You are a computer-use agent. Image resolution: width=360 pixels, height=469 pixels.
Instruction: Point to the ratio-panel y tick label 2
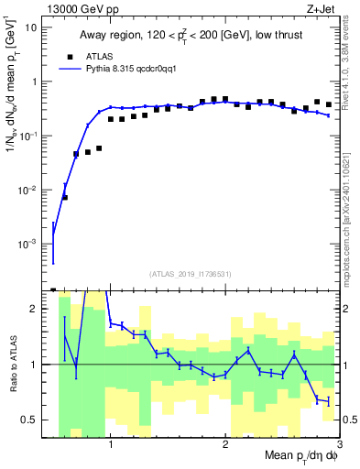(38, 309)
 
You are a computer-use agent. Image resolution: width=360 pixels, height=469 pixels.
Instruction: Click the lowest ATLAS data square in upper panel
(64, 197)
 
